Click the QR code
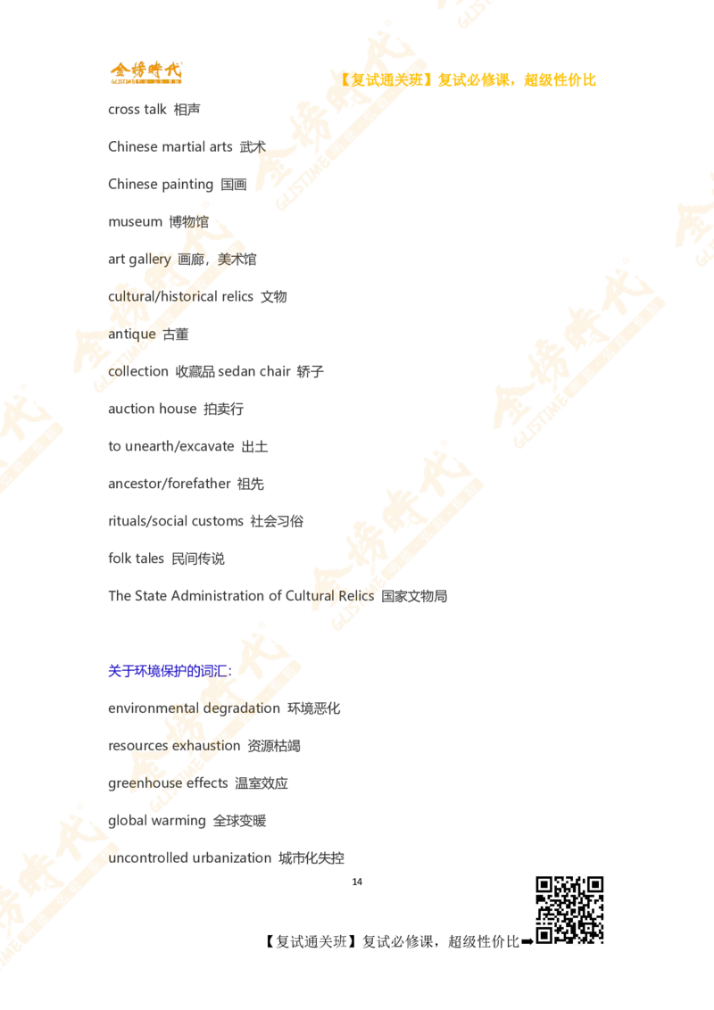tap(568, 909)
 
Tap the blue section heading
tap(170, 671)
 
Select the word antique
tap(134, 333)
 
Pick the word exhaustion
tap(195, 745)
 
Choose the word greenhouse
tap(147, 782)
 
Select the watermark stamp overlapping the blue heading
tap(214, 714)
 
